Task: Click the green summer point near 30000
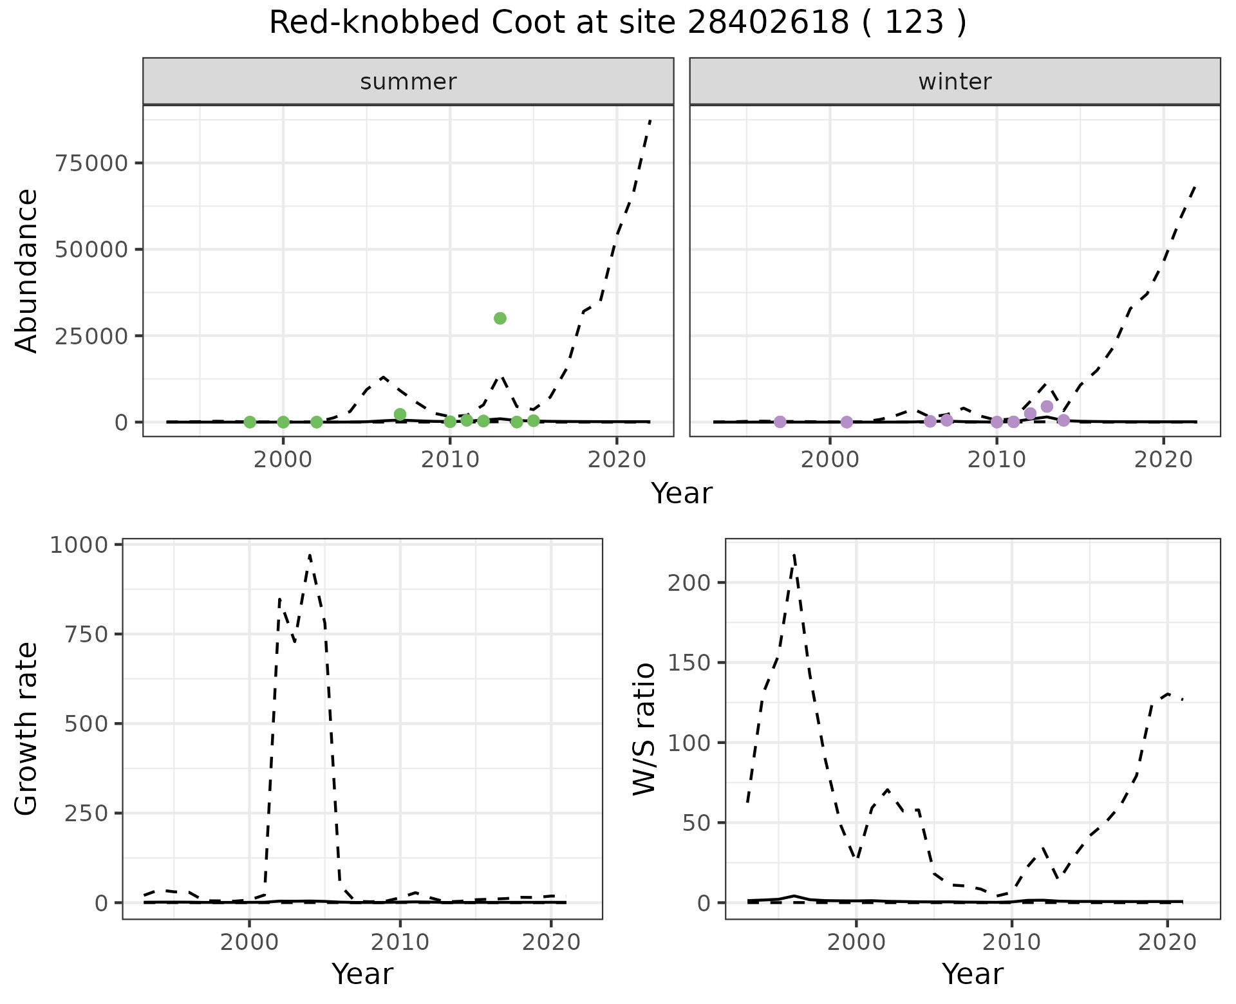pos(500,318)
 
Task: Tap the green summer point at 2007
pos(400,414)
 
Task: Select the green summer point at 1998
pos(250,422)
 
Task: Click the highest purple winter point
pos(1047,406)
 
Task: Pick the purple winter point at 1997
pos(780,422)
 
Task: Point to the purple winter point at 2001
pos(847,422)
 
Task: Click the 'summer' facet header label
pos(408,82)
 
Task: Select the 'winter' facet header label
pos(955,82)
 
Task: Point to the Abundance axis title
pos(27,270)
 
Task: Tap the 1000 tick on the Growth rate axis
pos(78,545)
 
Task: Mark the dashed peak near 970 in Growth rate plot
pos(310,555)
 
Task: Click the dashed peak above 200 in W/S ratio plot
pos(794,553)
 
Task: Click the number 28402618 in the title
pos(768,23)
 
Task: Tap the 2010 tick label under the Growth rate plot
pos(400,942)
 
